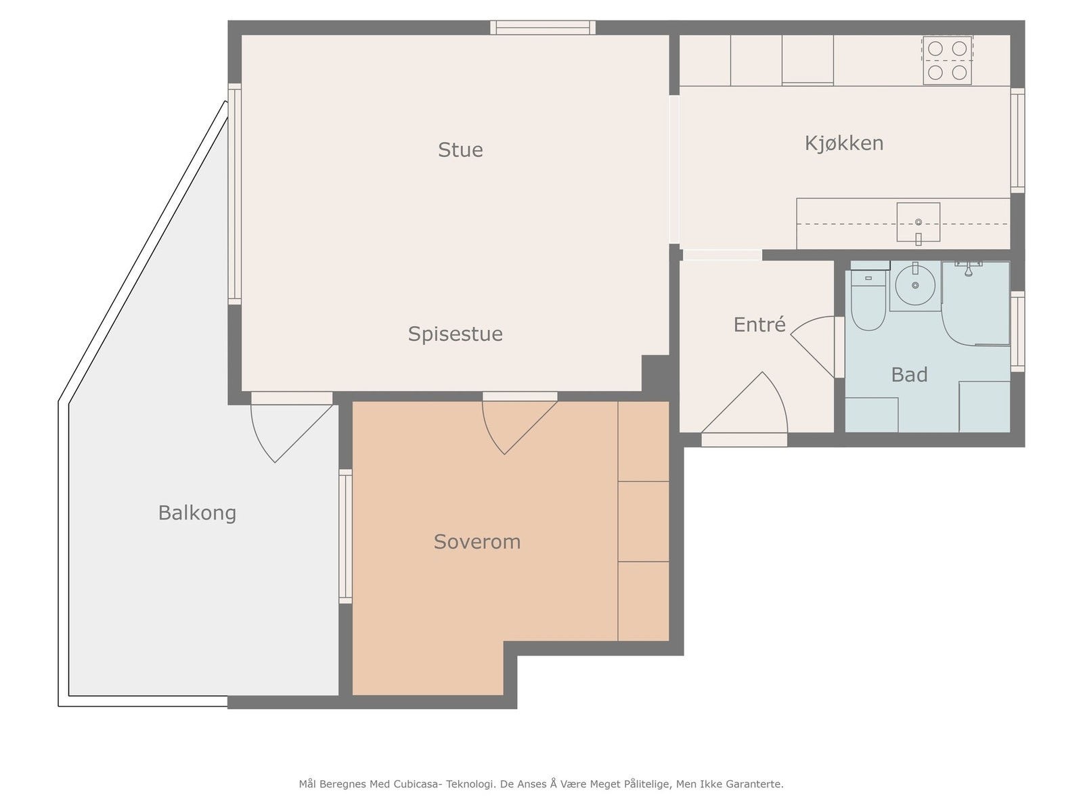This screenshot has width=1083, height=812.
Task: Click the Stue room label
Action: (x=460, y=150)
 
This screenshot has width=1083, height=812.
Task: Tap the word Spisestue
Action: (x=455, y=334)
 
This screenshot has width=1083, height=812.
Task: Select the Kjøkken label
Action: (x=843, y=143)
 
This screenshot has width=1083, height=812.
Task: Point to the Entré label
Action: (x=759, y=324)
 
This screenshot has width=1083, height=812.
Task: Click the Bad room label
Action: (x=909, y=375)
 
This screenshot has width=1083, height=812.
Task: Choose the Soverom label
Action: (x=477, y=542)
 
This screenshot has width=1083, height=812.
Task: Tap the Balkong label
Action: (x=197, y=513)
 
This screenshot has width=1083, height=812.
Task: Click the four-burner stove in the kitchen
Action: (x=947, y=60)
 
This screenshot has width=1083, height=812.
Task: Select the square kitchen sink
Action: (x=918, y=223)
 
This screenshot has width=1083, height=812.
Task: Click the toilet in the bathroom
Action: (x=868, y=300)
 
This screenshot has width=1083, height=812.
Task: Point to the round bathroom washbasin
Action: (x=914, y=285)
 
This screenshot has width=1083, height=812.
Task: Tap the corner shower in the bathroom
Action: (x=975, y=303)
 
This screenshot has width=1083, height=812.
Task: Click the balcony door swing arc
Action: (x=261, y=441)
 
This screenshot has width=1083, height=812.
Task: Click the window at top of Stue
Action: (x=543, y=28)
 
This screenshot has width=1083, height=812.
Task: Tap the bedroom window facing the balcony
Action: (x=345, y=536)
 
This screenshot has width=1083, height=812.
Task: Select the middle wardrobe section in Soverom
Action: (x=644, y=521)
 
